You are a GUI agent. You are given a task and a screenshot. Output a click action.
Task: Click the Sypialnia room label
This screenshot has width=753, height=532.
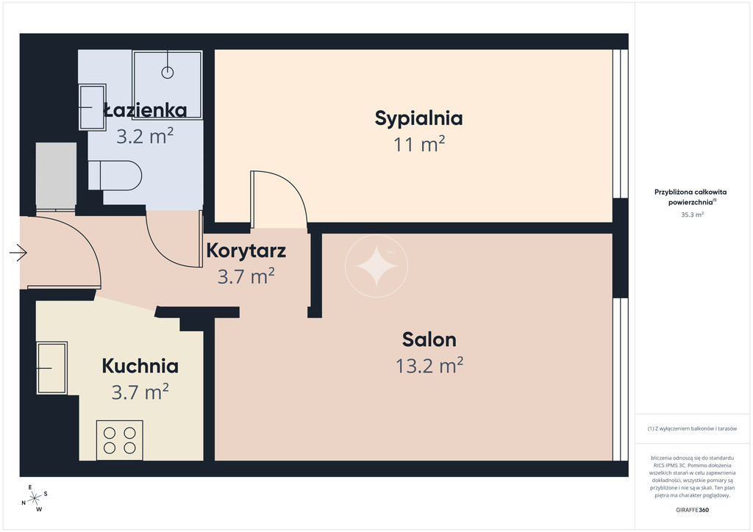pyautogui.click(x=418, y=118)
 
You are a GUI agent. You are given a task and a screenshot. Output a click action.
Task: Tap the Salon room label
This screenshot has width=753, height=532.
pyautogui.click(x=429, y=339)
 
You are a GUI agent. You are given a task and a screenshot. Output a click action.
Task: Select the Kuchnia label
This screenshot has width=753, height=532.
pyautogui.click(x=140, y=366)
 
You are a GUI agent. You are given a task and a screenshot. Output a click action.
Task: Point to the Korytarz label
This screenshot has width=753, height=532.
pyautogui.click(x=246, y=251)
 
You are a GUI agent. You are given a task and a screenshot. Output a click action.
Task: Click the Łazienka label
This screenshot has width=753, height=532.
pyautogui.click(x=145, y=110)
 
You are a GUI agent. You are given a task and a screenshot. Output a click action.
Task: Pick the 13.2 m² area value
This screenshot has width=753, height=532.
pyautogui.click(x=429, y=365)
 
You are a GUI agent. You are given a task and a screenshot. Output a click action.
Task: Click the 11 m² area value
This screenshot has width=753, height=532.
pyautogui.click(x=419, y=144)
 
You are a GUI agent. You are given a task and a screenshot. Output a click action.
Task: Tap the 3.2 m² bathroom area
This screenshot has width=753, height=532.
pyautogui.click(x=145, y=136)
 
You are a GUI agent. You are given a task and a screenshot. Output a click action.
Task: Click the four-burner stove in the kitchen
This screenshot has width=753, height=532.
pyautogui.click(x=120, y=440)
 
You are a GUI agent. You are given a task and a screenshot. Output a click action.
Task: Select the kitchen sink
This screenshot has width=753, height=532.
pyautogui.click(x=52, y=368)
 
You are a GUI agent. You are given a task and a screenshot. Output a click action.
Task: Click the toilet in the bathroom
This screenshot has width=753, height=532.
pyautogui.click(x=115, y=175)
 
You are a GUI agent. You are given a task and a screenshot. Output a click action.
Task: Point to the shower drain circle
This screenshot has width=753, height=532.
pyautogui.click(x=167, y=73)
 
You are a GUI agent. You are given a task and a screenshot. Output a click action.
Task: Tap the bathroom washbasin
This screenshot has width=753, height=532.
pyautogui.click(x=92, y=107)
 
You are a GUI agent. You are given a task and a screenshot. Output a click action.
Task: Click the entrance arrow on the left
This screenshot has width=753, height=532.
pyautogui.click(x=18, y=252)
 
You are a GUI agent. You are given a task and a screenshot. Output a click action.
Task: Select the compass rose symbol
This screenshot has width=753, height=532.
pyautogui.click(x=35, y=499)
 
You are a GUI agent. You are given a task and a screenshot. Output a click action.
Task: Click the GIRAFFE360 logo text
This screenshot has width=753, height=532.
pyautogui.click(x=692, y=510)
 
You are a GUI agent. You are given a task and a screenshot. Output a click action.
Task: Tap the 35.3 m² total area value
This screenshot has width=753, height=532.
pyautogui.click(x=692, y=215)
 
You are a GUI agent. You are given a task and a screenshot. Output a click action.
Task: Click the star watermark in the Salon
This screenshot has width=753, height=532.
pyautogui.click(x=376, y=266)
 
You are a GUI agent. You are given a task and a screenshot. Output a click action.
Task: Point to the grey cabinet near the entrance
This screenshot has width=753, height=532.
pyautogui.click(x=56, y=176)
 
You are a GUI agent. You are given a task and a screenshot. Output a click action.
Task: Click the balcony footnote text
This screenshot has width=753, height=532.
pyautogui.click(x=692, y=428)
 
